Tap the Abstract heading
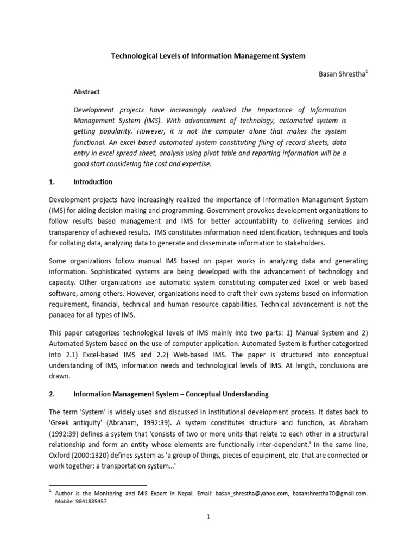coord(87,92)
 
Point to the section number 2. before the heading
coord(53,393)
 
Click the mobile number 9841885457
coord(91,502)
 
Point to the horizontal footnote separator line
coord(98,485)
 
